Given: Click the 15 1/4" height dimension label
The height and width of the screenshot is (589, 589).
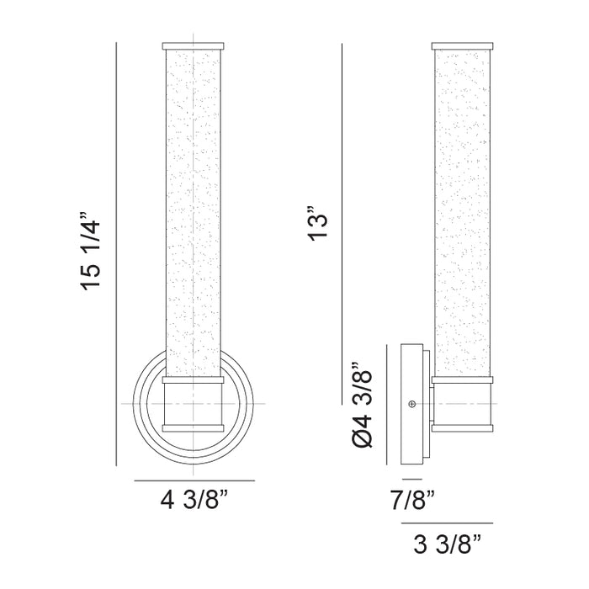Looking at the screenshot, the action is pos(91,251).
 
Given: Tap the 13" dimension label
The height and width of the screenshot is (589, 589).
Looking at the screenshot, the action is pos(318,222).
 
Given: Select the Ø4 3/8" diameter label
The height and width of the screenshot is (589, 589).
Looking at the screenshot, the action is pos(362,405).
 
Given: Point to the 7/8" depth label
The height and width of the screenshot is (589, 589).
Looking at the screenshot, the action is pos(412,500).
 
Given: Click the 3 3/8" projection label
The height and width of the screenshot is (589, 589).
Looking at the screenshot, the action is pos(447,544).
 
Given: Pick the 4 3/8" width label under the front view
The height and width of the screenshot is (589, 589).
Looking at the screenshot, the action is pos(194,500).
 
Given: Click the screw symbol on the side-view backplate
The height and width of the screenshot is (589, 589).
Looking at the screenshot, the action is pos(412,404).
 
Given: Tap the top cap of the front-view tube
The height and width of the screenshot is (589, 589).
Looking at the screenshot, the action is pos(193,46).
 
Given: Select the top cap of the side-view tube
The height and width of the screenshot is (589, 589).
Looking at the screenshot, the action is pos(462,46).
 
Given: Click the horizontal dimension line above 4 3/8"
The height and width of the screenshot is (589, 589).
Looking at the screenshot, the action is pos(194,480).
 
